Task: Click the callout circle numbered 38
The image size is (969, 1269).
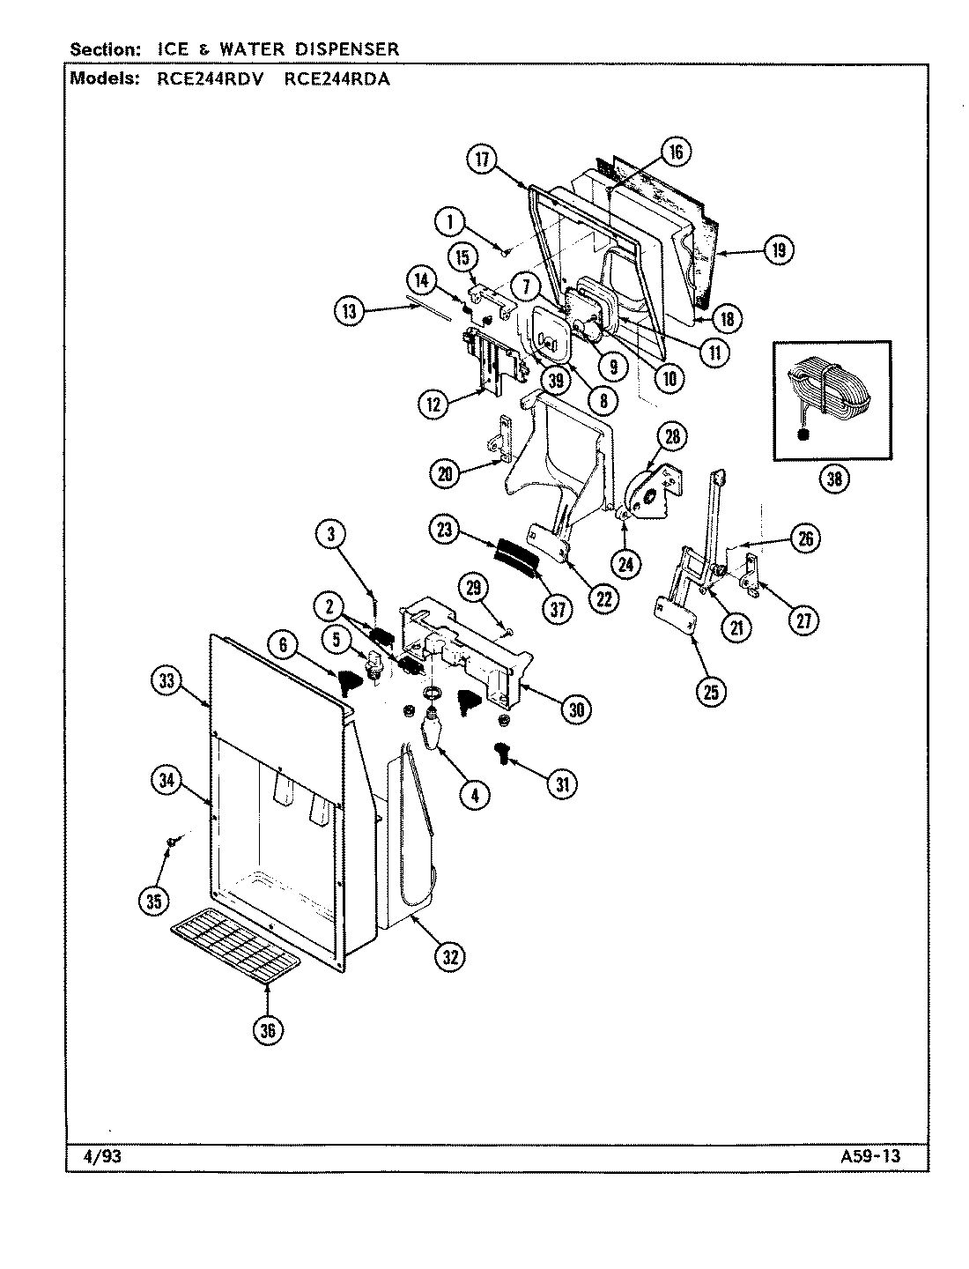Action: [833, 479]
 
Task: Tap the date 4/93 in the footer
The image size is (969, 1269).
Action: [91, 1156]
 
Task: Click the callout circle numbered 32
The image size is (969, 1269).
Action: [451, 957]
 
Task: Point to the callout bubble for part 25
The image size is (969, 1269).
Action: [710, 692]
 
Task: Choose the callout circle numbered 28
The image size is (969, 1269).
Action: [672, 436]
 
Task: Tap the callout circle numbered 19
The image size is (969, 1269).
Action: [778, 250]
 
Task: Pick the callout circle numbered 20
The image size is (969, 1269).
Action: [445, 474]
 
